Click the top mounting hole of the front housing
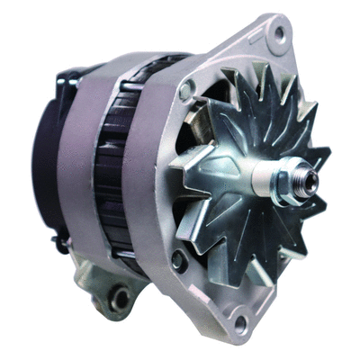[279, 33]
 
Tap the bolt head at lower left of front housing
[179, 262]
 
